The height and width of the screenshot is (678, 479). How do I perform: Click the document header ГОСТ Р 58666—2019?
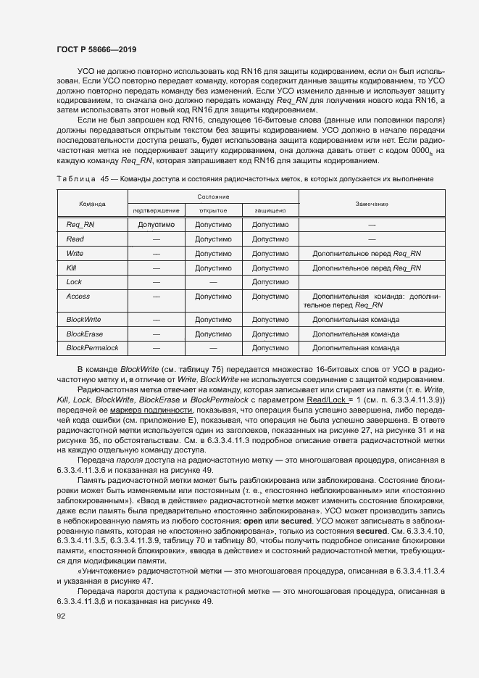(96, 49)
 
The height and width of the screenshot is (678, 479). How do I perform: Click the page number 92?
(61, 616)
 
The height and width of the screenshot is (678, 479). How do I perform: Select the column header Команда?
(92, 204)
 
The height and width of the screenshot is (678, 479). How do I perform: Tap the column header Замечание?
(372, 204)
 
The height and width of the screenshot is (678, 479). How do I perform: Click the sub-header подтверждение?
(156, 210)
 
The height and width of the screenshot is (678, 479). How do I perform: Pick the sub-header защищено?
(270, 210)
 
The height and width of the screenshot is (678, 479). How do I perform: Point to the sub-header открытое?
(213, 210)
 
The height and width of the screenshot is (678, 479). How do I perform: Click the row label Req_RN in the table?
(80, 225)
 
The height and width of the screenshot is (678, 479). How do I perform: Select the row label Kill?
(71, 268)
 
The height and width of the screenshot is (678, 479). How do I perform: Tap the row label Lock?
(74, 281)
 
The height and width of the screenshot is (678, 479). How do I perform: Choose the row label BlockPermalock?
(92, 348)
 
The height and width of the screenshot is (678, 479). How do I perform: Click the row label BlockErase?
(84, 334)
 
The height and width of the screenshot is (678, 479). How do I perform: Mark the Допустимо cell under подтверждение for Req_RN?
(156, 225)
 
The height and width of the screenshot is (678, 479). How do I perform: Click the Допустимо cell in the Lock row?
(270, 281)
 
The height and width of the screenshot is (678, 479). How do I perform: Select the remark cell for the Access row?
(372, 301)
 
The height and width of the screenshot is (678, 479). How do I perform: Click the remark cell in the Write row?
(366, 254)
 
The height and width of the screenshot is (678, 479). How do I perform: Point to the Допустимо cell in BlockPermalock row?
(270, 348)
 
